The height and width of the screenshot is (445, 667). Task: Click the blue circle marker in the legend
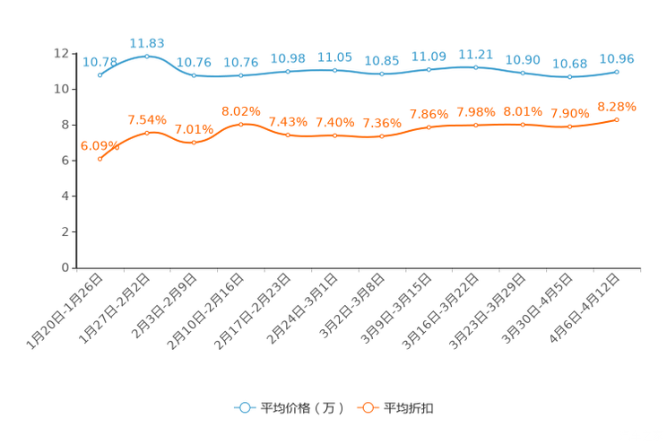(x=244, y=407)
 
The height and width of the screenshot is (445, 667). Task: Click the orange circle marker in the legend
(x=368, y=407)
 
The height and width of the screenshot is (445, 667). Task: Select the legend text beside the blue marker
(x=301, y=408)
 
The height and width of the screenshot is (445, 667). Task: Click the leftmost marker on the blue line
(x=100, y=75)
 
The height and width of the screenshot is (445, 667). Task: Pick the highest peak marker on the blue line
(x=147, y=56)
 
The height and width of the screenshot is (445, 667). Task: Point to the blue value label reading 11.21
(x=475, y=54)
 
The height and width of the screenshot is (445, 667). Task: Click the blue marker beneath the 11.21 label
(x=475, y=67)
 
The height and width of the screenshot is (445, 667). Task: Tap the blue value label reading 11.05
(x=333, y=56)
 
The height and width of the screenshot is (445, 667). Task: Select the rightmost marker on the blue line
(x=617, y=71)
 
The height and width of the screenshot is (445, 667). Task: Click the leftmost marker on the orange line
(x=100, y=158)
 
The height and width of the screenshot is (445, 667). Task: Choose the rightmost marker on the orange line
(x=617, y=119)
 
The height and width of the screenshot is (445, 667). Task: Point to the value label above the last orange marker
(x=617, y=105)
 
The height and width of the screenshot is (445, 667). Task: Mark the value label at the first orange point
(x=97, y=144)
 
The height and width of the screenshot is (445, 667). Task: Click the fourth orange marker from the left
(x=240, y=124)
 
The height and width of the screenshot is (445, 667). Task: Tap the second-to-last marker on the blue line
(x=569, y=77)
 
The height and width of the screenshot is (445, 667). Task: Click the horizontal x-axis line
(x=359, y=267)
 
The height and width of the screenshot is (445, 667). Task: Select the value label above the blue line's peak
(x=147, y=42)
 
